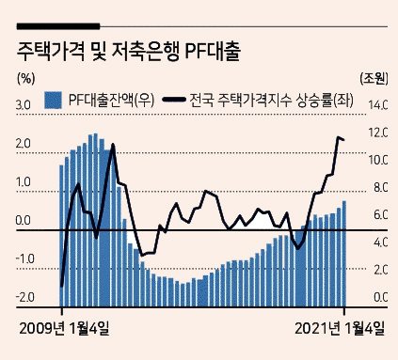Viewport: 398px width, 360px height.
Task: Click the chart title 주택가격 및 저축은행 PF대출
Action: [129, 52]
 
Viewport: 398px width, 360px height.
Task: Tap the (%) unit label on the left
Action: [25, 79]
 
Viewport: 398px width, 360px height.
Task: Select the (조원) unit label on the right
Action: [374, 78]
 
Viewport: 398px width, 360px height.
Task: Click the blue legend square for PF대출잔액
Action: [53, 101]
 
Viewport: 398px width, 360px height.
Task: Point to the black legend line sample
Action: [174, 100]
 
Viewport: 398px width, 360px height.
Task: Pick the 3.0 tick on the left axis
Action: [24, 105]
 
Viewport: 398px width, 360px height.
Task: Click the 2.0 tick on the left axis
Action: [24, 144]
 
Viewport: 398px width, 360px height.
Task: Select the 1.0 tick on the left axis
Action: [24, 182]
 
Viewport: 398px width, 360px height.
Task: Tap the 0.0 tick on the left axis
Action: [24, 221]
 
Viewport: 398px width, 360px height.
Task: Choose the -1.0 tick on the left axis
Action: [24, 259]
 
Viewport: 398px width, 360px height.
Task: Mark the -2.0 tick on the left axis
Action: [24, 298]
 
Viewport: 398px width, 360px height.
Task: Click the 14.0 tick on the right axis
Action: [378, 105]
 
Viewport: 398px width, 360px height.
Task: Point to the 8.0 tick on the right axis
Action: [381, 188]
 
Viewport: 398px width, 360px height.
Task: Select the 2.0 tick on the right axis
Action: [381, 270]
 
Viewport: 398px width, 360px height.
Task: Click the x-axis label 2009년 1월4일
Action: [64, 329]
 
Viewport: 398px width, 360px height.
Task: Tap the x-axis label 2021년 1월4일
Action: [340, 329]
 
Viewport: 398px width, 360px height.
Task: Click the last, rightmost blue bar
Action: [344, 254]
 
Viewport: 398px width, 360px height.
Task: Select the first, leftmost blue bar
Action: [61, 236]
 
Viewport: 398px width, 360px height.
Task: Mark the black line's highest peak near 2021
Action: [339, 137]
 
